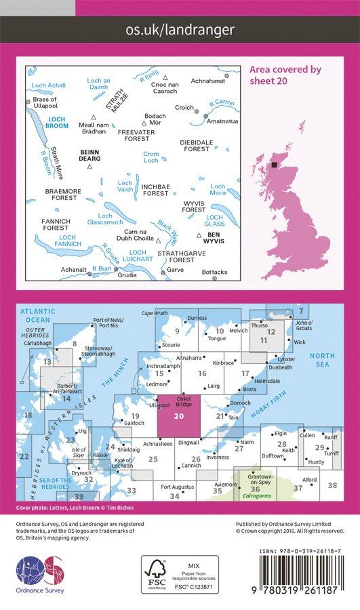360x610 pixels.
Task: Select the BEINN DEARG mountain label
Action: point(90,154)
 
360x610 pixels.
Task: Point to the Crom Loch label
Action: point(151,157)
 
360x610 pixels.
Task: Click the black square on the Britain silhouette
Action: point(275,165)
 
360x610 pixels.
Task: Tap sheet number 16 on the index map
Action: point(201,373)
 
